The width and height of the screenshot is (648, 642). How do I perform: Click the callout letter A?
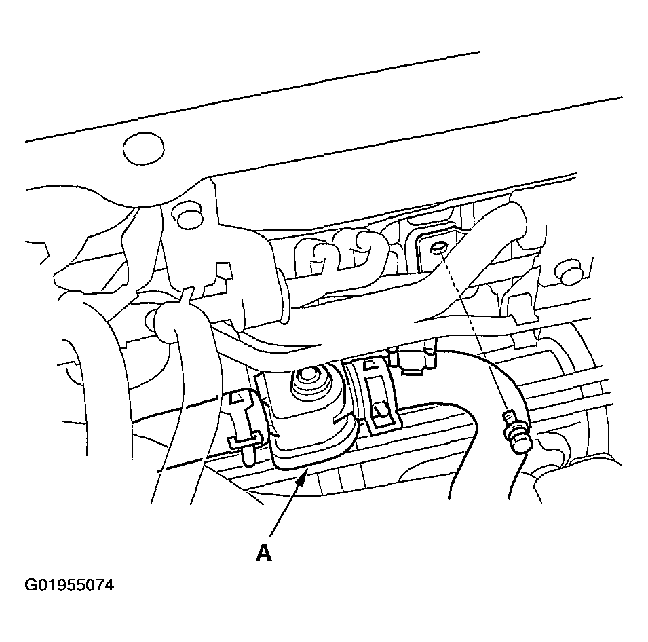click(x=264, y=552)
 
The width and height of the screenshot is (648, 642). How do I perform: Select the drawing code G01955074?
click(x=69, y=585)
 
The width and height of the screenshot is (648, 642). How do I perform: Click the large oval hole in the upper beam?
click(x=143, y=149)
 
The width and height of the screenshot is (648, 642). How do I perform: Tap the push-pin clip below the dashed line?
click(x=516, y=433)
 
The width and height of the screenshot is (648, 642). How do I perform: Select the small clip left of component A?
click(x=243, y=425)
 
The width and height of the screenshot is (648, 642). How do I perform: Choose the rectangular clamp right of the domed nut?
click(x=374, y=397)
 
